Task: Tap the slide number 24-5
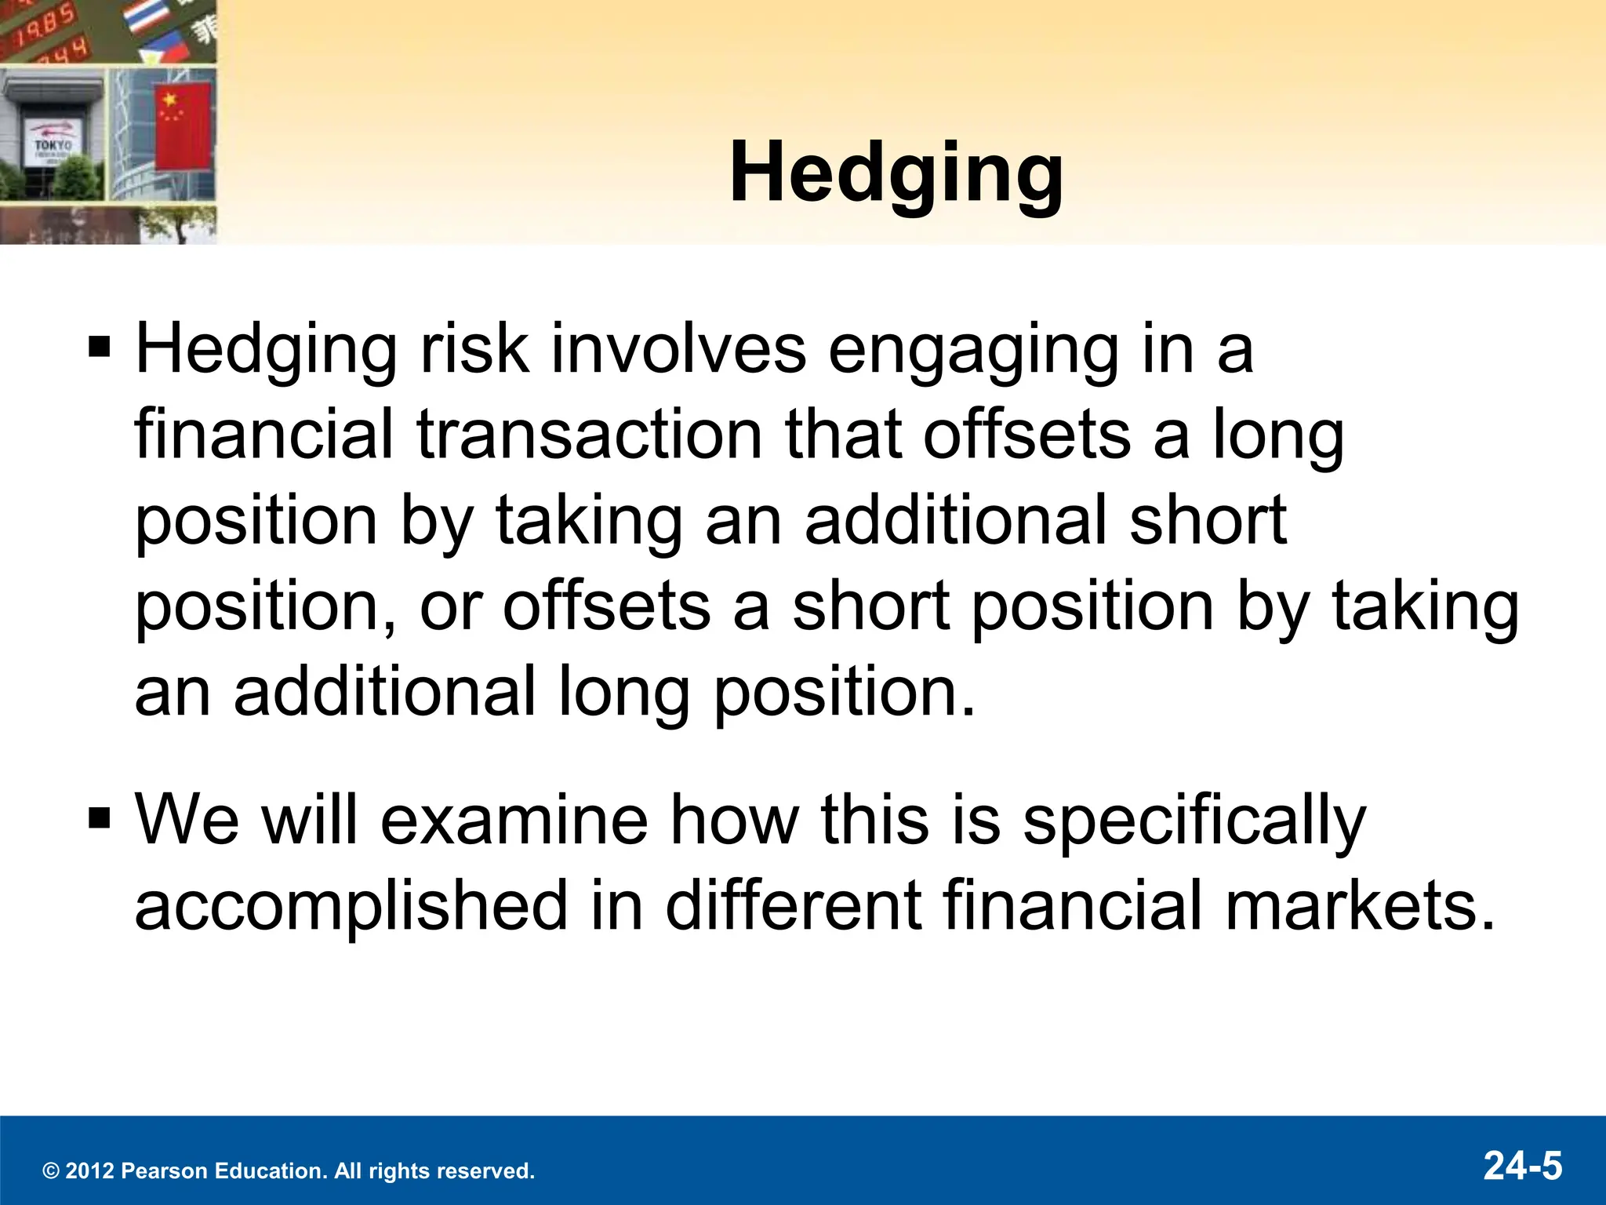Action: click(1522, 1165)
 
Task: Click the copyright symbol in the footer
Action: click(51, 1172)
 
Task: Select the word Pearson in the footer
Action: click(165, 1171)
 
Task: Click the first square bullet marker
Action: click(100, 346)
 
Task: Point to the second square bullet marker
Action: click(100, 818)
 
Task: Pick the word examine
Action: click(514, 820)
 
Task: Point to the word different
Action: click(793, 906)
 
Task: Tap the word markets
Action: click(1360, 906)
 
